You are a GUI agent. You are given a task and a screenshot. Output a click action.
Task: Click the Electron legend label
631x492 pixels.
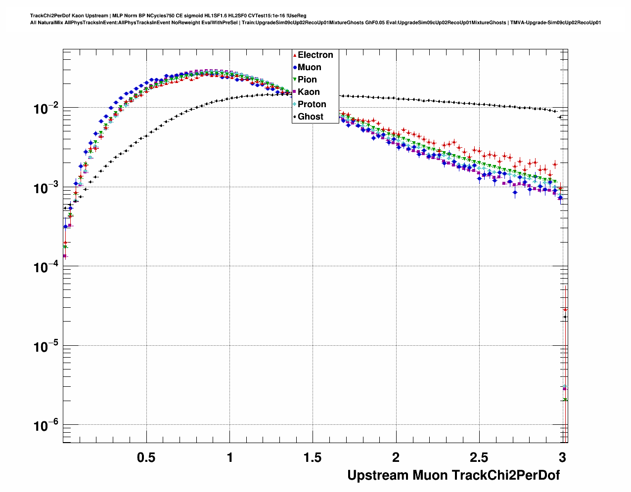point(315,55)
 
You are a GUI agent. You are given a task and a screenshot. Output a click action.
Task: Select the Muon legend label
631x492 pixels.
point(309,67)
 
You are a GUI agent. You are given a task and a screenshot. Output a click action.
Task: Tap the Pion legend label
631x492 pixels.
point(307,80)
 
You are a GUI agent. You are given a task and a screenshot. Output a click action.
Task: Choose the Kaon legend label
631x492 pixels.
point(309,92)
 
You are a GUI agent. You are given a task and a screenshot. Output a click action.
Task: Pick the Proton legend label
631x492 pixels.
point(312,104)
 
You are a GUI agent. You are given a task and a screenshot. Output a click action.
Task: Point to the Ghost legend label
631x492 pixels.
point(310,117)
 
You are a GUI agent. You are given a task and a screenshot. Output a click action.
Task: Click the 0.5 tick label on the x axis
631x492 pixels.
point(146,458)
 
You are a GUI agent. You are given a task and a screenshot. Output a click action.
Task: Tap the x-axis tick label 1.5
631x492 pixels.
point(313,458)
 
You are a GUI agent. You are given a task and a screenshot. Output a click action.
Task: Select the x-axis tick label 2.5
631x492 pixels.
point(479,458)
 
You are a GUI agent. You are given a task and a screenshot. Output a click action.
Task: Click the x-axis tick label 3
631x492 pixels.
point(563,458)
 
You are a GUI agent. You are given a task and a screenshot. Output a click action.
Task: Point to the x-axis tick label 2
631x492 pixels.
point(396,458)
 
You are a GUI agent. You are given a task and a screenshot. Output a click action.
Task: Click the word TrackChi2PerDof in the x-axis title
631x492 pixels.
point(506,475)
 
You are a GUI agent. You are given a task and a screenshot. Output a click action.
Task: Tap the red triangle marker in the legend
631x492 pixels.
point(295,55)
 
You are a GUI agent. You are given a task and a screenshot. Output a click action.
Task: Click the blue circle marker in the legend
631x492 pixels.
point(295,67)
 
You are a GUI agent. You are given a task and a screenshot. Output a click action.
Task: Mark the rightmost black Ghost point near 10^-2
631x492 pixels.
point(560,117)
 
